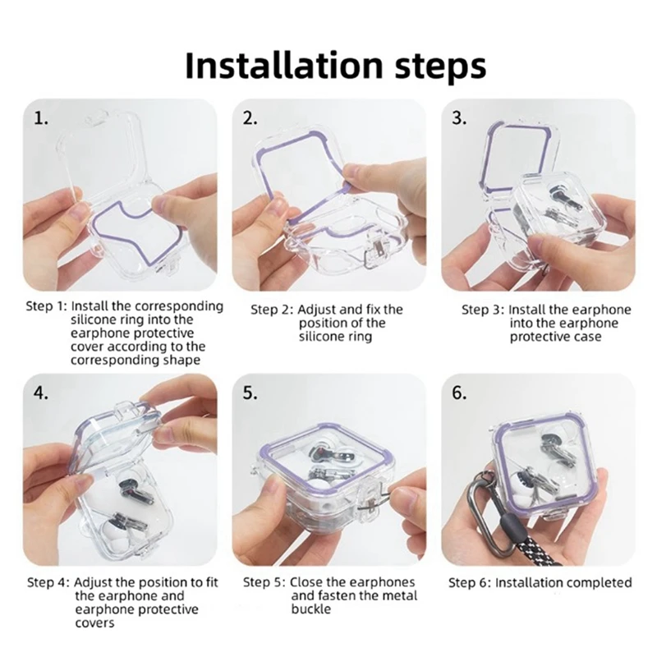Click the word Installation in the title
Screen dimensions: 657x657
coord(283,65)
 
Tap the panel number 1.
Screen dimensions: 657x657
coord(40,119)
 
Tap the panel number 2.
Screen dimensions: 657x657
coord(250,119)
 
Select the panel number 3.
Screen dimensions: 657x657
coord(460,119)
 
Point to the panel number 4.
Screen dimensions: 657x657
coord(40,393)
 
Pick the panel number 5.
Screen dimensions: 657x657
coord(250,393)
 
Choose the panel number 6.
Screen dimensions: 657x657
coord(460,393)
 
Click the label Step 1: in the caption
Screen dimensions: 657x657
coord(47,306)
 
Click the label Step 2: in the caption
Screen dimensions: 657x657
coord(272,310)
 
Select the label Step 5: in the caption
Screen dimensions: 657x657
coord(264,583)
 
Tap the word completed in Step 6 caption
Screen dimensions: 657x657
coord(600,583)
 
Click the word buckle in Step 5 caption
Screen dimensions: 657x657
coord(311,609)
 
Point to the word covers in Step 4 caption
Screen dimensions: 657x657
coord(94,623)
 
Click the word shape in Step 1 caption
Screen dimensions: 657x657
coord(181,361)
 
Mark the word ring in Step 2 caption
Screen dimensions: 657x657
coord(360,337)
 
